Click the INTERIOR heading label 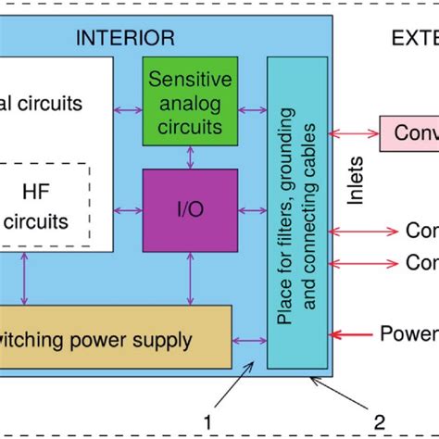coord(124,38)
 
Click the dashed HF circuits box coord(44,207)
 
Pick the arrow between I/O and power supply coord(188,278)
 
